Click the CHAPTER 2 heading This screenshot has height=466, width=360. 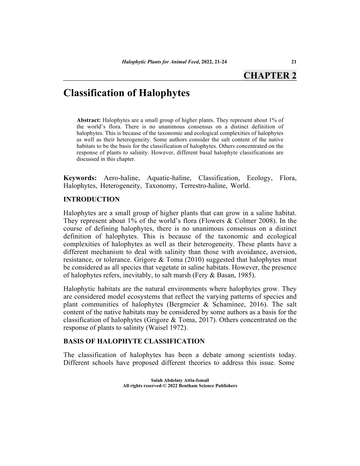(x=270, y=75)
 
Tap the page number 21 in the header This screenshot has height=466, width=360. (x=293, y=61)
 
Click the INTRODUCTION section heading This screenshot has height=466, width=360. (x=91, y=199)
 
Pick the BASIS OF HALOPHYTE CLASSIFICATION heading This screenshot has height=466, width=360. (x=134, y=341)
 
